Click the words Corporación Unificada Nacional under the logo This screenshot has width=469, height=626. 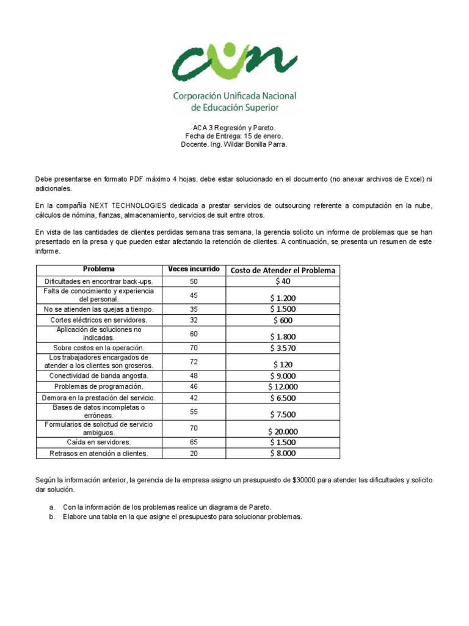[234, 96]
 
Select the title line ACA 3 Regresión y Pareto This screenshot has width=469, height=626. [234, 127]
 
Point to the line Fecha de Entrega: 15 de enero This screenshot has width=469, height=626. [234, 136]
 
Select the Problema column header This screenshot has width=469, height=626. [98, 270]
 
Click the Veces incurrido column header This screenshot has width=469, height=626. [194, 270]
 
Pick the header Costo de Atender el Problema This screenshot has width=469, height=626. [283, 270]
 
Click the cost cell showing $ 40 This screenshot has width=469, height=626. [283, 281]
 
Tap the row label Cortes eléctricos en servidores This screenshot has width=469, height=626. [98, 320]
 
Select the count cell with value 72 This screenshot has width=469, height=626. [194, 362]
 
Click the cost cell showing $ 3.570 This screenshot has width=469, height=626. [283, 348]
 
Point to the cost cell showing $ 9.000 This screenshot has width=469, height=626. [283, 376]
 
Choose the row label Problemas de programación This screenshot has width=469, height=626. [98, 386]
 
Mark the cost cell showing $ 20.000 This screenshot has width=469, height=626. [283, 431]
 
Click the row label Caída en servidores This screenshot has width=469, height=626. [98, 442]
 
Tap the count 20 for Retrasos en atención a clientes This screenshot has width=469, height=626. [194, 453]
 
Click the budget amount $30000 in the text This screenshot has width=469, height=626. [302, 481]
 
